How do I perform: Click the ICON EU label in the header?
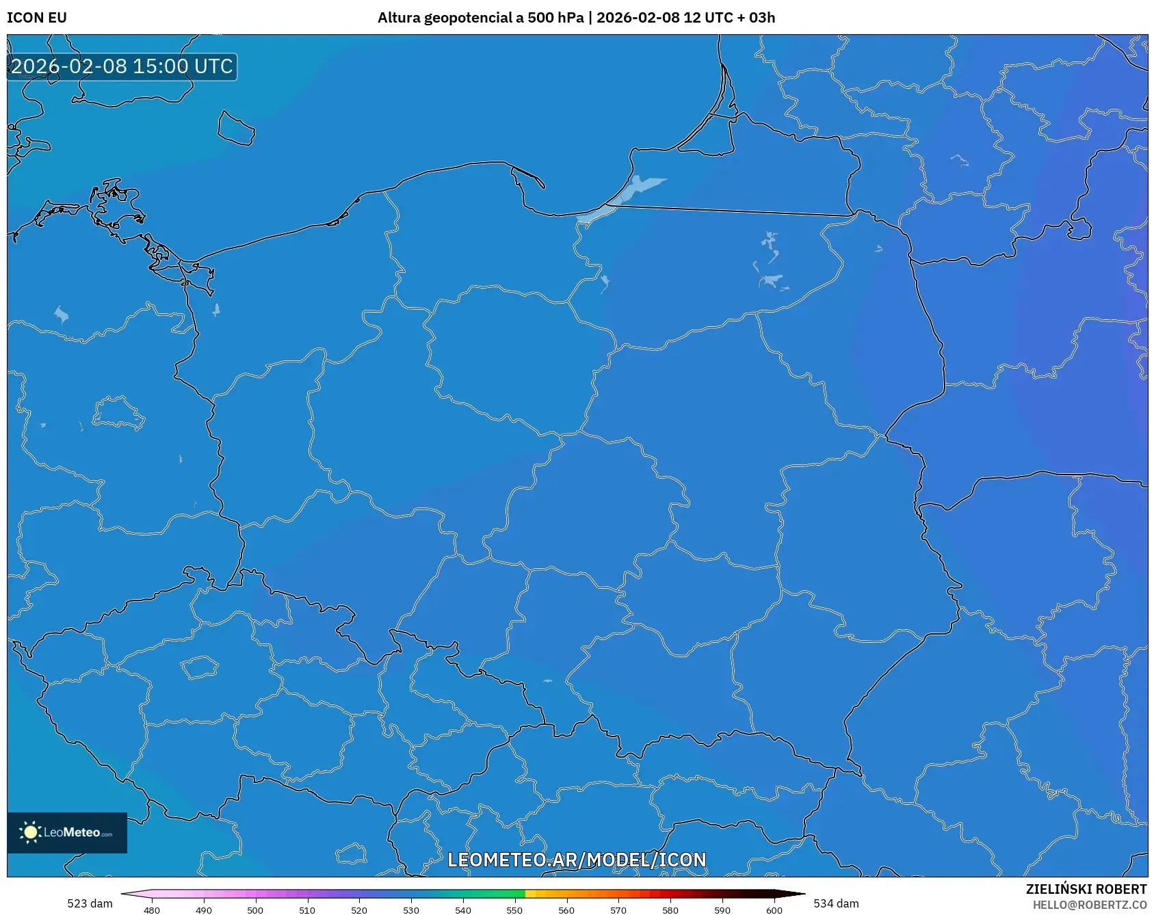37,18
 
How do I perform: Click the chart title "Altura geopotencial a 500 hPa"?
480,18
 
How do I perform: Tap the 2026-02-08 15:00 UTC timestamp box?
122,66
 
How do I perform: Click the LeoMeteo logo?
67,832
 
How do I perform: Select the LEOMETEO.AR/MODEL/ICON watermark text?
577,860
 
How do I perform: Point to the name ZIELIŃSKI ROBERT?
1086,889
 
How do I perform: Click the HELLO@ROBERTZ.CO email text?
1089,905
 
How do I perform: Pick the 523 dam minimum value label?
90,903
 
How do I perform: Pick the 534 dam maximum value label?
836,903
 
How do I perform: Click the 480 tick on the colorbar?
152,910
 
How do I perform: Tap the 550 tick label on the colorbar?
514,910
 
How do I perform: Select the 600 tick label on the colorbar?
774,910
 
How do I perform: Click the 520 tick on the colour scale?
359,910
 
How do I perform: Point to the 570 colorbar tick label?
618,910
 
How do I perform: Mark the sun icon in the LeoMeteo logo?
30,832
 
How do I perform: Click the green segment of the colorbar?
499,894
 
